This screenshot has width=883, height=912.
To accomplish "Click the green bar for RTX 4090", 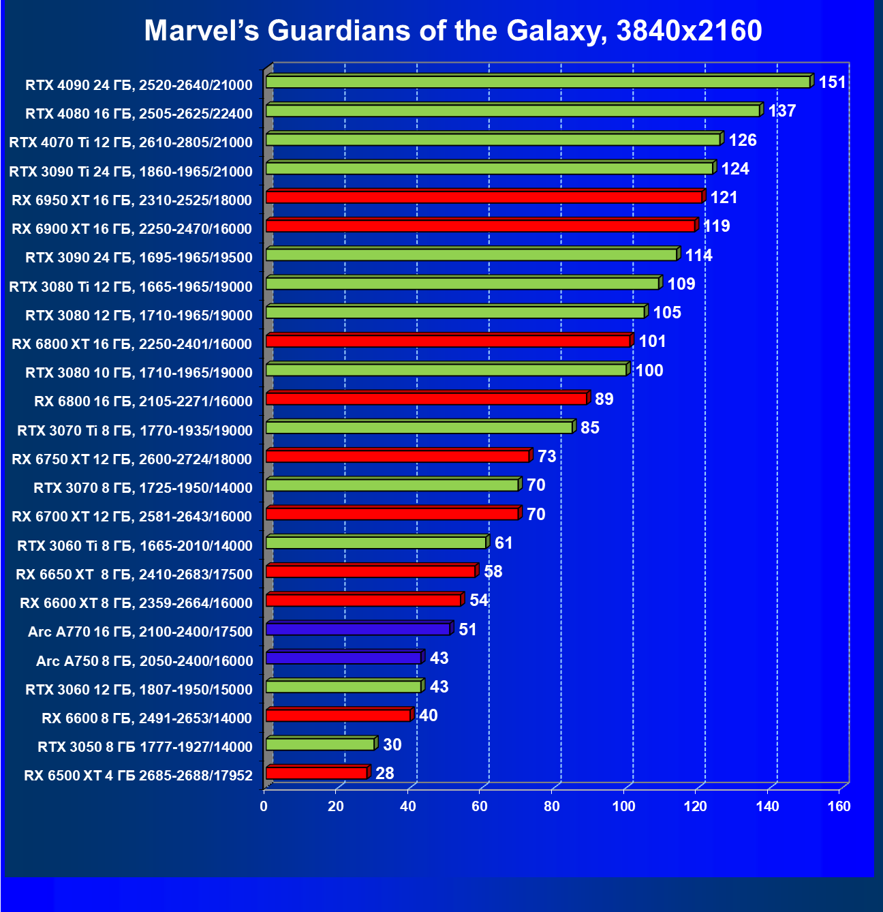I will coord(538,82).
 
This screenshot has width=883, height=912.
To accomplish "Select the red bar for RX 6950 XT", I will coord(484,197).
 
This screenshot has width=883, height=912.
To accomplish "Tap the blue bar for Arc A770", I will coord(358,629).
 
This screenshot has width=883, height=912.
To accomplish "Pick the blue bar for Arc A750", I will coord(343,658).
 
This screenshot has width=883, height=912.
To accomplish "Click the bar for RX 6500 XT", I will coord(316,773).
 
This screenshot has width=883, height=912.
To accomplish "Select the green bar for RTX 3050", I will coord(320,744).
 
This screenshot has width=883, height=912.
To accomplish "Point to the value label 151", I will coord(832,82).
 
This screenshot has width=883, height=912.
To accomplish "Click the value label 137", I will coord(781,111).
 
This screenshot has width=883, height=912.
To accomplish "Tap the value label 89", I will coord(604,399).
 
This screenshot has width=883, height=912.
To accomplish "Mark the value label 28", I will coord(384,773).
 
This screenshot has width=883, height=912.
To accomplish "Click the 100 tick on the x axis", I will coord(624,806).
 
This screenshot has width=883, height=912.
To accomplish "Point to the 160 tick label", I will coord(839,806).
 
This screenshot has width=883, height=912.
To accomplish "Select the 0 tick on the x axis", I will coord(264,806).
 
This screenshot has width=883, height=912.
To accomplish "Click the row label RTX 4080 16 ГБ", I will coord(139,113).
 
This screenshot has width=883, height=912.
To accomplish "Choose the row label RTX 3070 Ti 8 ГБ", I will coord(135,430).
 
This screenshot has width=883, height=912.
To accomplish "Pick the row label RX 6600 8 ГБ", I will coord(146,718).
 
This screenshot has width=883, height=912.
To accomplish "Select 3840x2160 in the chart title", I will coord(689,31).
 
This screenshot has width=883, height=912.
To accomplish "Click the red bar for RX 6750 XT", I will coord(397,456).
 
